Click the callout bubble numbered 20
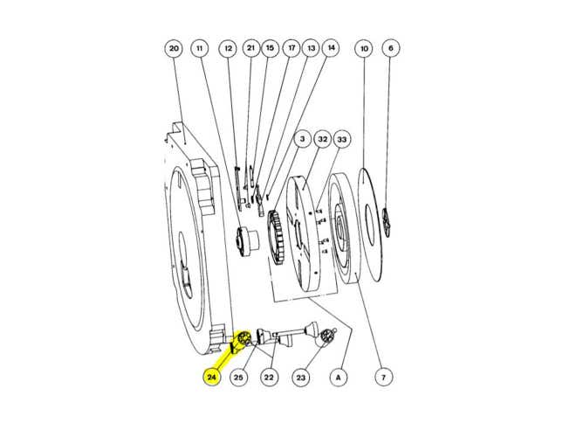[x=174, y=48]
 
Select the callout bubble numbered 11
[x=200, y=48]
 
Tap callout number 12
[x=228, y=48]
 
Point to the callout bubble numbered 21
[x=250, y=48]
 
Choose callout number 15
[x=270, y=48]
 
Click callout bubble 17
[x=291, y=48]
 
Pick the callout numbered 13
[x=310, y=48]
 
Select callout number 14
[x=330, y=48]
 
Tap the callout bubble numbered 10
[x=363, y=48]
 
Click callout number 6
[x=390, y=48]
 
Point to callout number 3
[x=302, y=138]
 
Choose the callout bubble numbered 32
[x=322, y=138]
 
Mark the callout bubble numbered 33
[x=342, y=138]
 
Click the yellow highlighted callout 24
[x=212, y=378]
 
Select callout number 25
[x=239, y=378]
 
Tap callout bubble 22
[x=270, y=378]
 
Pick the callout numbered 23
[x=301, y=378]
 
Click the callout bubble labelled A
[x=337, y=378]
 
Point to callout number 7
[x=381, y=378]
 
